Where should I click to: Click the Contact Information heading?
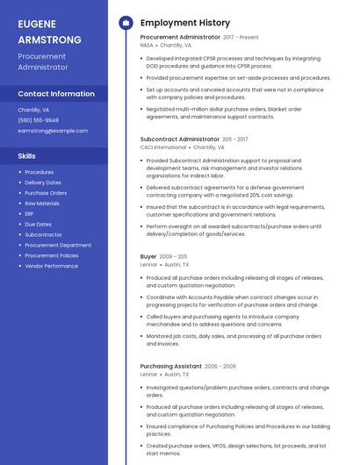point(56,94)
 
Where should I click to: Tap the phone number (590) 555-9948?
point(39,120)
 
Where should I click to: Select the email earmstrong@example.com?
point(53,131)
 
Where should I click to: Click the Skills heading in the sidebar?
point(27,155)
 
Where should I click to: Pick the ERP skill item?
point(30,213)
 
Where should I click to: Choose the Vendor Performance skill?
point(51,266)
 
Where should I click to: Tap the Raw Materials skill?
point(42,203)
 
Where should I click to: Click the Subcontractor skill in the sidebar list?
point(43,234)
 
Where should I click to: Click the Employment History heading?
point(185,23)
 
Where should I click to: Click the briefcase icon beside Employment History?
point(125,23)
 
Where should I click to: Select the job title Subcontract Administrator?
point(180,139)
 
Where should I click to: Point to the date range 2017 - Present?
point(241,38)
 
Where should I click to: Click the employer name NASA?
point(147,45)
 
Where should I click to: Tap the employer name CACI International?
point(163,147)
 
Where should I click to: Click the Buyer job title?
point(148,256)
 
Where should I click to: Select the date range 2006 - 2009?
point(220,366)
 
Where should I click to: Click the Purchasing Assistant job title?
point(171,366)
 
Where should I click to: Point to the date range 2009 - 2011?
point(174,256)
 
